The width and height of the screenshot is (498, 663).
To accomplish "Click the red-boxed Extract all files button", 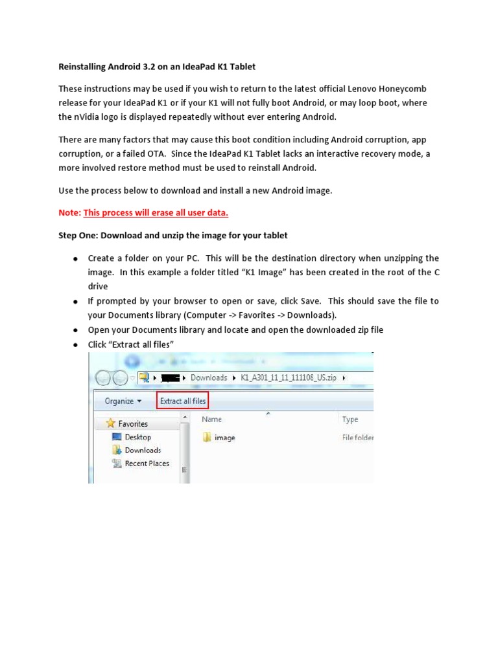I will (x=182, y=401).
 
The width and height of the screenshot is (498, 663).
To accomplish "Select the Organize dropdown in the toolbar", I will (x=123, y=401).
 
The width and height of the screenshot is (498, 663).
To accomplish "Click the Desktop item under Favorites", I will (x=137, y=437).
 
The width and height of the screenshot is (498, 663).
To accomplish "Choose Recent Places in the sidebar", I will (x=147, y=464).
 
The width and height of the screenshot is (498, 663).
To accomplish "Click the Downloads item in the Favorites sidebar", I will (x=143, y=450).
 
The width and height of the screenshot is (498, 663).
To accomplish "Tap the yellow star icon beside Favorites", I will (x=110, y=423).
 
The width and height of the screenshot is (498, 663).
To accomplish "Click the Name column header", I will (x=211, y=420).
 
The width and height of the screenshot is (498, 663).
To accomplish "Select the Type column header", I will (x=350, y=420).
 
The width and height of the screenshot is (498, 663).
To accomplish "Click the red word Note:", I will (x=69, y=212).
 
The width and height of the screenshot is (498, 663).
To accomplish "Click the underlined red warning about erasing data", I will (x=156, y=212).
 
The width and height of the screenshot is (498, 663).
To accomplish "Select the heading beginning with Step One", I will (x=173, y=235).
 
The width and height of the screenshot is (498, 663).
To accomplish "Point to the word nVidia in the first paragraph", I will (x=86, y=117).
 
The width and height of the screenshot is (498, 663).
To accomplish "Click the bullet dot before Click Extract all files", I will (x=75, y=345).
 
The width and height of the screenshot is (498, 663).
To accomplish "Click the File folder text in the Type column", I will (x=358, y=438).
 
